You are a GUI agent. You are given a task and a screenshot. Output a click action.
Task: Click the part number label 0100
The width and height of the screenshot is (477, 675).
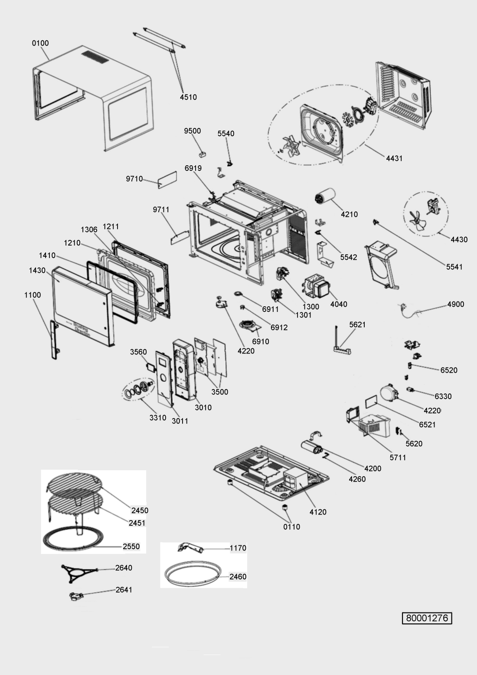(40, 43)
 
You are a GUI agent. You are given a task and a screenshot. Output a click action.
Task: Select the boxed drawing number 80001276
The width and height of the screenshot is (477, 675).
(427, 618)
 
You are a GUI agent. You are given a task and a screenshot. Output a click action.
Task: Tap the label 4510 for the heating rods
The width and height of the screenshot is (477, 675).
(188, 97)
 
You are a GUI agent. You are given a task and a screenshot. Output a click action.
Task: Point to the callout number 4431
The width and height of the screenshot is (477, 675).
(394, 158)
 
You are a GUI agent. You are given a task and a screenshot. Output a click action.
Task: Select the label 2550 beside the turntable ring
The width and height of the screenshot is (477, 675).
(131, 546)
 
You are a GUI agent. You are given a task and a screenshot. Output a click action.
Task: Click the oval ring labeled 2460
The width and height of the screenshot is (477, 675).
(193, 574)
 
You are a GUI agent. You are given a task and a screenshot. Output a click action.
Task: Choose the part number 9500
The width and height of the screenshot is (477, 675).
(193, 131)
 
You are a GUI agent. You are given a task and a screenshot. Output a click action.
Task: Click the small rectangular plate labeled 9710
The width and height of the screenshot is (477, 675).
(167, 180)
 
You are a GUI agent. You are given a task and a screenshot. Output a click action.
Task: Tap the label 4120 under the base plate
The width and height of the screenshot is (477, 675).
(318, 512)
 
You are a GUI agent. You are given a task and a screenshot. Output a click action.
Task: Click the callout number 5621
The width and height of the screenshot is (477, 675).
(357, 324)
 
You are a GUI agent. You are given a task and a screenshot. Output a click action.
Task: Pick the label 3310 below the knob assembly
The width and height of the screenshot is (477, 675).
(158, 418)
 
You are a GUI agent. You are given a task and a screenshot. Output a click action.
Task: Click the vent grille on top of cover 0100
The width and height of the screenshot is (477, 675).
(95, 57)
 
